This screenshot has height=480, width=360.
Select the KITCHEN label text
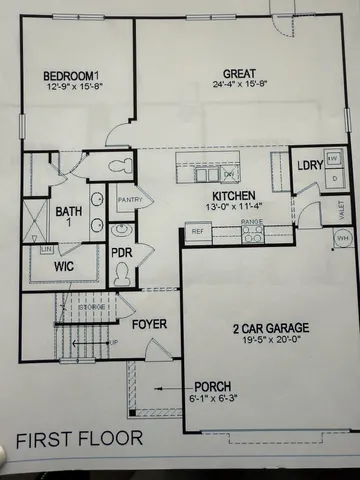(x=233, y=195)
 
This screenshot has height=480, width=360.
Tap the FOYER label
(x=149, y=324)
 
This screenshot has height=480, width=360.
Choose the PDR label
(x=122, y=254)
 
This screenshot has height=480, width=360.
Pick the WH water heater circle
(x=343, y=239)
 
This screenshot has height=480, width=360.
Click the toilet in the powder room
(x=123, y=276)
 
